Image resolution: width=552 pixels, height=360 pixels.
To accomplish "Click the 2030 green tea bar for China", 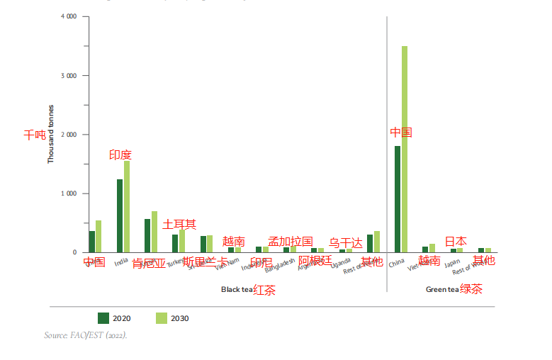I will tap(405, 149).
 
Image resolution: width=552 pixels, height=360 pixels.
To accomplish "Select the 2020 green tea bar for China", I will tap(398, 199).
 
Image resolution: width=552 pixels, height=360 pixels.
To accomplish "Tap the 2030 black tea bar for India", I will tap(127, 206).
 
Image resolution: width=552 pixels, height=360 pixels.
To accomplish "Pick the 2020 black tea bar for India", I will tap(120, 215).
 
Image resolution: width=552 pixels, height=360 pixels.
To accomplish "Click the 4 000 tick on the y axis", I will tap(69, 16).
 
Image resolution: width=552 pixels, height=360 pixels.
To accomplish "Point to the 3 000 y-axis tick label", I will tap(69, 75).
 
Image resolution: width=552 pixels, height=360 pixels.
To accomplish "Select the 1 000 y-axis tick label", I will tap(69, 193).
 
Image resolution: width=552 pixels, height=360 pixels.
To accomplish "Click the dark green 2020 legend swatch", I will tap(103, 318).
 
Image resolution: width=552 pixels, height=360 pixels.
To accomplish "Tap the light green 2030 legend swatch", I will tap(161, 318).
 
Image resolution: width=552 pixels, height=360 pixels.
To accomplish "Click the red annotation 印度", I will tap(120, 155).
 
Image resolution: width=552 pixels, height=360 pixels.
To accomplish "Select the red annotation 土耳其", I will tap(179, 225).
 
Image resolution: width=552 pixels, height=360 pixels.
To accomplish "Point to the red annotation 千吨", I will tap(35, 135).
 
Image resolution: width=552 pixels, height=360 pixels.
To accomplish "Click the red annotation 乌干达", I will tap(346, 243).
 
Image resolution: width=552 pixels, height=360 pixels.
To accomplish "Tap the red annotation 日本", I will tap(456, 242).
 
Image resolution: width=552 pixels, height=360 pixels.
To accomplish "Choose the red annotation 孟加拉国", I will tap(291, 242).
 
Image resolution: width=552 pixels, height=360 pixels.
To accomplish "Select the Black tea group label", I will tap(237, 289).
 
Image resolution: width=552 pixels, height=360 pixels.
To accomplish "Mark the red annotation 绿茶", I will tap(471, 289).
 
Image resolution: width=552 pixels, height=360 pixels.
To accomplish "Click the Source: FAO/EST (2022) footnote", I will tap(86, 334).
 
